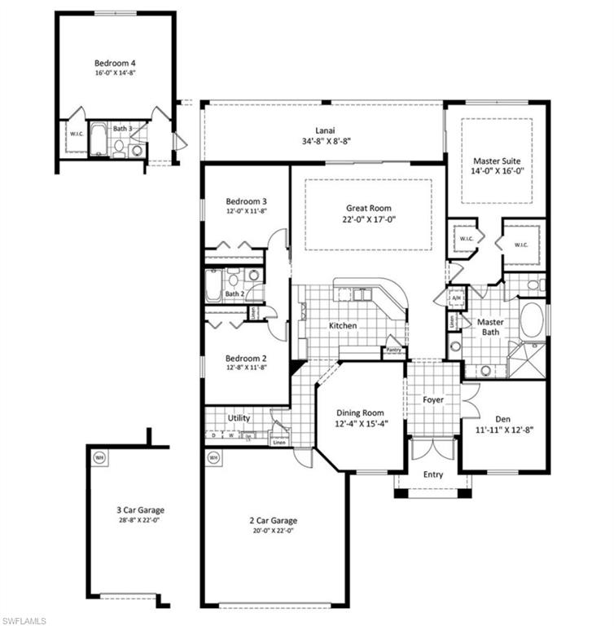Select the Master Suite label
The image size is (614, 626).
[496, 161]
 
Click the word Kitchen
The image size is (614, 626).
[343, 325]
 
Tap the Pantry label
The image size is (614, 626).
[395, 351]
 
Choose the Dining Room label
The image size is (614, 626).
[359, 412]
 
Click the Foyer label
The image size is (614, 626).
[432, 399]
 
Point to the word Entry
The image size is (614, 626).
[432, 474]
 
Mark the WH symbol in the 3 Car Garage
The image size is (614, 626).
[100, 457]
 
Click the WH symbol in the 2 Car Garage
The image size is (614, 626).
[213, 457]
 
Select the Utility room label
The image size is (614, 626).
[239, 418]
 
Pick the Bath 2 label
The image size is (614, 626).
[235, 293]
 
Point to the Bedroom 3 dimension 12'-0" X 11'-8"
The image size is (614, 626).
[246, 211]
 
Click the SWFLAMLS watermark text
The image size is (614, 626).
[24, 620]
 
